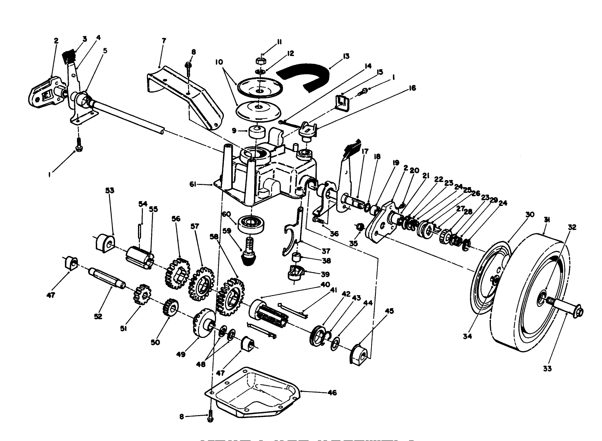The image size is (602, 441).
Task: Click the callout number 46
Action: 332,392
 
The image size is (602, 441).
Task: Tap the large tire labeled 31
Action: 529,296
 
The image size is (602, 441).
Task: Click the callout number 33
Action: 547,368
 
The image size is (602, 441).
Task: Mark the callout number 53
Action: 110,190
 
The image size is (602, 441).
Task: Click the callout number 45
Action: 389,311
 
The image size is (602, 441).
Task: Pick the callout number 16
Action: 412,88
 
